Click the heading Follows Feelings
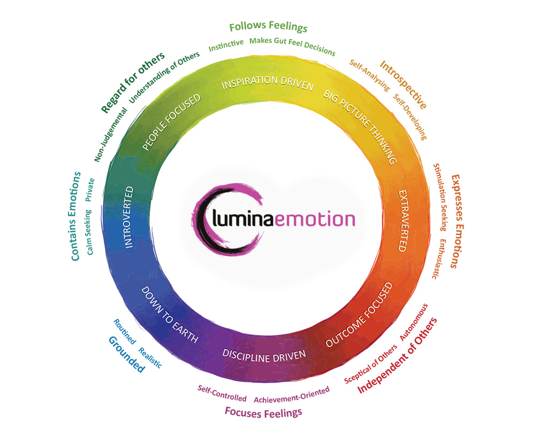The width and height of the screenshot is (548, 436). (x=268, y=27)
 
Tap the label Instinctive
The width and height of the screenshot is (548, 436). (x=226, y=44)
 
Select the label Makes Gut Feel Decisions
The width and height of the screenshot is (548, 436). (x=292, y=46)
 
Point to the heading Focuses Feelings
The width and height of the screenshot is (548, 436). (x=263, y=412)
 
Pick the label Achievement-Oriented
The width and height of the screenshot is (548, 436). (x=292, y=396)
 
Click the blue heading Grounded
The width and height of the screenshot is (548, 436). (x=126, y=354)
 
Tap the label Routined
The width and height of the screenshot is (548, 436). (x=125, y=332)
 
